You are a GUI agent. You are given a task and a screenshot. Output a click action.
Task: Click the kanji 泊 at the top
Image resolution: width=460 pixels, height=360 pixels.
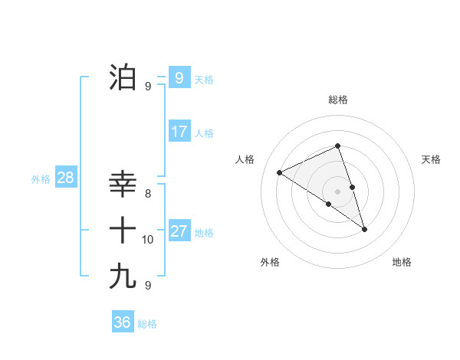[123, 77]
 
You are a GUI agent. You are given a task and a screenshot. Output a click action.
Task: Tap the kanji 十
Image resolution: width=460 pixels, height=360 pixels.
[123, 230]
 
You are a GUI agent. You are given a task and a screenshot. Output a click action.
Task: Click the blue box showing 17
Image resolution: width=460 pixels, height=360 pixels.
[179, 132]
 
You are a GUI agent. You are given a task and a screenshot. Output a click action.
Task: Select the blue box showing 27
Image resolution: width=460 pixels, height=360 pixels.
[179, 231]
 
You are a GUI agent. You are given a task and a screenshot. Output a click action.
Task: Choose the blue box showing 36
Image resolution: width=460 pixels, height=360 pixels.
[122, 322]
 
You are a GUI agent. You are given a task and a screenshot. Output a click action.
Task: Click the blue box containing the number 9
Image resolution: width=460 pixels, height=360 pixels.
[179, 77]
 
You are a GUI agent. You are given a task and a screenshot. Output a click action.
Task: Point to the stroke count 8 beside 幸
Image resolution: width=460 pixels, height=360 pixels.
[148, 194]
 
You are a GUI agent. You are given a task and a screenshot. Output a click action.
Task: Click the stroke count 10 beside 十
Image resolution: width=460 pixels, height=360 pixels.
[148, 240]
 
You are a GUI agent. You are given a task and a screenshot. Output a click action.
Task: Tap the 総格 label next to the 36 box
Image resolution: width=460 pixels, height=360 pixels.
[147, 324]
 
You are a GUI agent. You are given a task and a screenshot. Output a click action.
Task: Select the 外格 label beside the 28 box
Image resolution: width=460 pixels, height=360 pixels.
[41, 179]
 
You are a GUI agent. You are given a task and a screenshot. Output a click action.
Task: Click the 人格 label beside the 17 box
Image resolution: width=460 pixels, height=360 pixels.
[204, 133]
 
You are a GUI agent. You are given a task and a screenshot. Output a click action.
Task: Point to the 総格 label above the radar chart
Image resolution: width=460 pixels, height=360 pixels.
[337, 100]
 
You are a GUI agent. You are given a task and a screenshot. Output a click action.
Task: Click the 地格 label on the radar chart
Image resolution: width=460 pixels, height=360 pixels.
[402, 262]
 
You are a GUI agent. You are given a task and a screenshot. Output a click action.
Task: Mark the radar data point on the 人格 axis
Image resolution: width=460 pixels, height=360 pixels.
[280, 173]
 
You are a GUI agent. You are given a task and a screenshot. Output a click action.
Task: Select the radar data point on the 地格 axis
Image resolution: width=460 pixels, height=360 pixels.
[364, 229]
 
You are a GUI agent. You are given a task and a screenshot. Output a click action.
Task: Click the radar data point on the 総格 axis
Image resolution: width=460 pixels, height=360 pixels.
[337, 146]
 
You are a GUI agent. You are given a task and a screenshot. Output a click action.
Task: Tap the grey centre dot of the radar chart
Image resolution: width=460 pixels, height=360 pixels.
[337, 191]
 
